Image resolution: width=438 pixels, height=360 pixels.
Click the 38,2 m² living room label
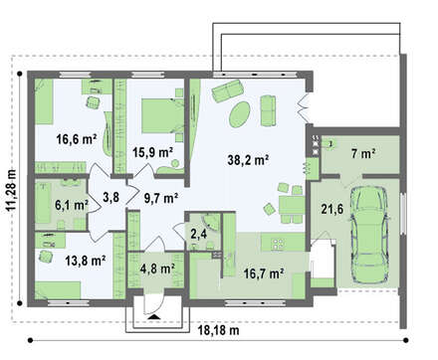click(248, 160)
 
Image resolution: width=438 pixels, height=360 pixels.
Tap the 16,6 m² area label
click(77, 139)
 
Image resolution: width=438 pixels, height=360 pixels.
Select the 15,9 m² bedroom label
click(152, 152)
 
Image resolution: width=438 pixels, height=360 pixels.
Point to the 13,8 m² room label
click(86, 261)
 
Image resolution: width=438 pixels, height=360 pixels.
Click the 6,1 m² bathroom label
click(72, 205)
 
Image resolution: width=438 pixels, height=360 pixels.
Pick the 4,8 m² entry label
click(157, 269)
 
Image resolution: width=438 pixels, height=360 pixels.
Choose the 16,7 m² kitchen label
click(264, 273)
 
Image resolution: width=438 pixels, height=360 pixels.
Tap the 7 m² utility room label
click(363, 153)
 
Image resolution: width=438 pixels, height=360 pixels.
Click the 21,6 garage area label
click(332, 209)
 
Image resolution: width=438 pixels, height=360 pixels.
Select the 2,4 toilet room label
click(199, 234)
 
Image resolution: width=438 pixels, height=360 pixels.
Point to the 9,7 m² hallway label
click(161, 198)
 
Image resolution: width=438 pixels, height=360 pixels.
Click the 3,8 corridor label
click(110, 198)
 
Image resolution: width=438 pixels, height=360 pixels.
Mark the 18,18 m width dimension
click(219, 330)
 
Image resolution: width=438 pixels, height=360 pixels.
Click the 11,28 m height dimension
click(11, 190)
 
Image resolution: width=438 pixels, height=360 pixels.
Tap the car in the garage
click(369, 235)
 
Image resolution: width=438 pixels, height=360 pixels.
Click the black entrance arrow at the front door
click(153, 317)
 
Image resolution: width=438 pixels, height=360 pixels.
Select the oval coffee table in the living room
click(240, 114)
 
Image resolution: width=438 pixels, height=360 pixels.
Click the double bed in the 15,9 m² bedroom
click(163, 115)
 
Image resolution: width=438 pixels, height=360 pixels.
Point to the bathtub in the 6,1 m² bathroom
click(43, 201)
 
